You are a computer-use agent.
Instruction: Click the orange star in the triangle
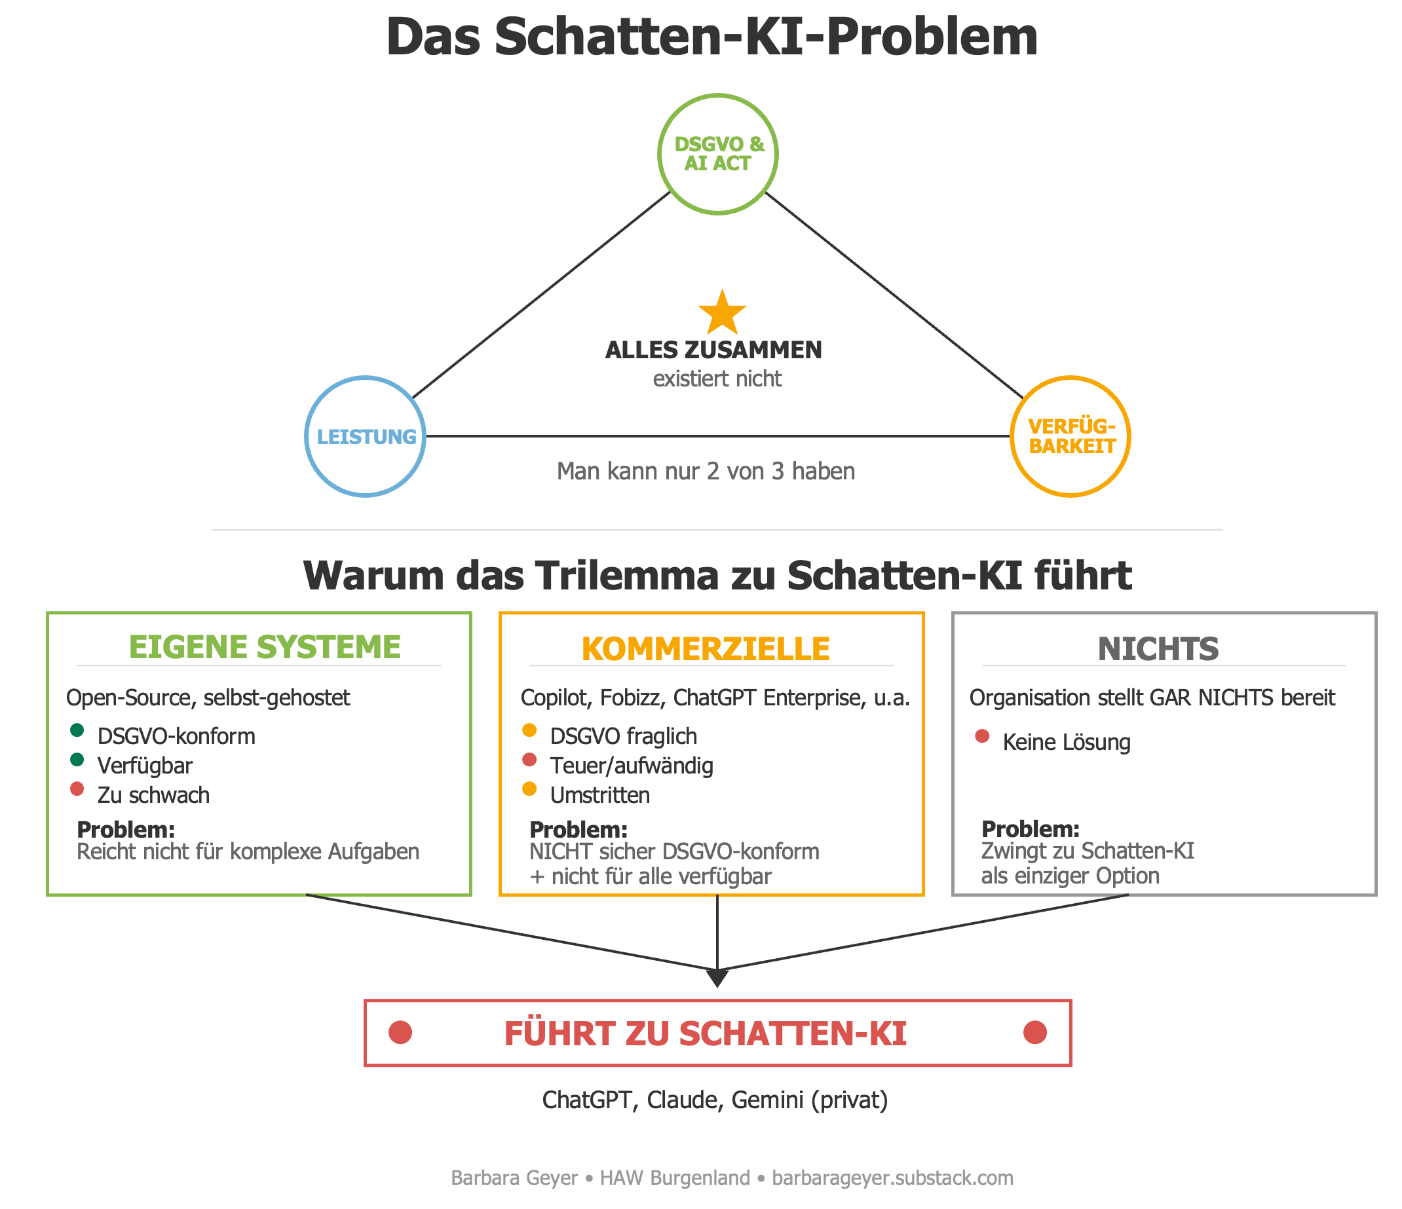[722, 313]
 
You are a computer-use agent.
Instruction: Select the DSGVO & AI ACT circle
[718, 96]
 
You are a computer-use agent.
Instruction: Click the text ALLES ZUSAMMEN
[713, 350]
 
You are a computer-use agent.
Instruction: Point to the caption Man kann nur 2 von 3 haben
[706, 471]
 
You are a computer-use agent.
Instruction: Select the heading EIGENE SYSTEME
[265, 647]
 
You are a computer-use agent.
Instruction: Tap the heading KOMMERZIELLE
[706, 649]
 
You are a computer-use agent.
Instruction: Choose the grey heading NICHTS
[1158, 649]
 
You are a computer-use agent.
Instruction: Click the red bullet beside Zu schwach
[77, 789]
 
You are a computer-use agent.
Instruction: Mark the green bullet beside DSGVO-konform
[77, 730]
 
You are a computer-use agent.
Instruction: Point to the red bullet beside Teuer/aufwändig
[530, 760]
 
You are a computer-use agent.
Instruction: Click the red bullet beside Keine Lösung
[983, 736]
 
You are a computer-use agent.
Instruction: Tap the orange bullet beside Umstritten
[530, 789]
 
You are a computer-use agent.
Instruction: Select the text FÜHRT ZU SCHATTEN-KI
[705, 1033]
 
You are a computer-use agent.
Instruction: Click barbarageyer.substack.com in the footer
[892, 1178]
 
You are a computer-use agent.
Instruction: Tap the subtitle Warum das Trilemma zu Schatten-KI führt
[717, 576]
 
